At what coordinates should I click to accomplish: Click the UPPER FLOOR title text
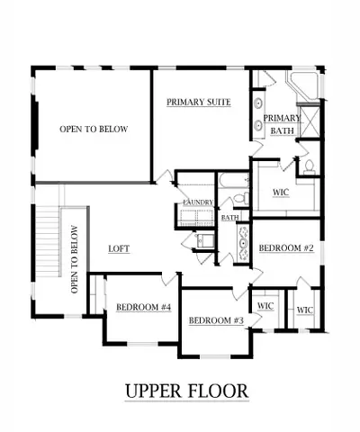(x=186, y=391)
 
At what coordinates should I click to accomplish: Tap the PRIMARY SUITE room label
(x=199, y=103)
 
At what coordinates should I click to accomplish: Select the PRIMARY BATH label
(x=282, y=124)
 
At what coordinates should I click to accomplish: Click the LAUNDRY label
(x=197, y=203)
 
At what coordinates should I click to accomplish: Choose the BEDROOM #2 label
(x=285, y=247)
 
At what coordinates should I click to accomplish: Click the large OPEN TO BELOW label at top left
(x=94, y=130)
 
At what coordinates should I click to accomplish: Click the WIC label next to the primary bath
(x=280, y=192)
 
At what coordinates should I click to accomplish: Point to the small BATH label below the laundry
(x=229, y=217)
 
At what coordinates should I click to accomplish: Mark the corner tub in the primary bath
(x=300, y=88)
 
